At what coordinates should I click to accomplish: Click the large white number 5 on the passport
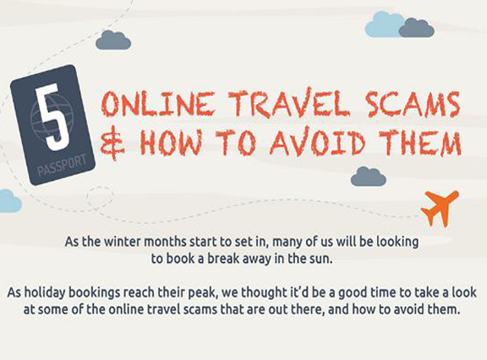(x=52, y=117)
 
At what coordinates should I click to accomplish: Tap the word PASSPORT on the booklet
(x=62, y=166)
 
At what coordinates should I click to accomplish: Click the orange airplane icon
(x=440, y=208)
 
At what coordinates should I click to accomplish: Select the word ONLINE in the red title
(x=158, y=104)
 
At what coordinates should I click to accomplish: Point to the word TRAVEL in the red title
(x=288, y=103)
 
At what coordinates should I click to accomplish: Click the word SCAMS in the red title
(x=413, y=104)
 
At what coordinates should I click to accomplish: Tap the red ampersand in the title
(x=112, y=144)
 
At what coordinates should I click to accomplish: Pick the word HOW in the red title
(x=171, y=143)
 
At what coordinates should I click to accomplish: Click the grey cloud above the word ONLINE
(x=113, y=40)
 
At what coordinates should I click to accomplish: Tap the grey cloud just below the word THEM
(x=369, y=177)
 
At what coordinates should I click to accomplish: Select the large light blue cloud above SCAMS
(x=383, y=25)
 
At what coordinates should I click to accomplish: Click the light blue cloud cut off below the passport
(x=10, y=201)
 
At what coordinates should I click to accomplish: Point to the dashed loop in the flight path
(x=100, y=197)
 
